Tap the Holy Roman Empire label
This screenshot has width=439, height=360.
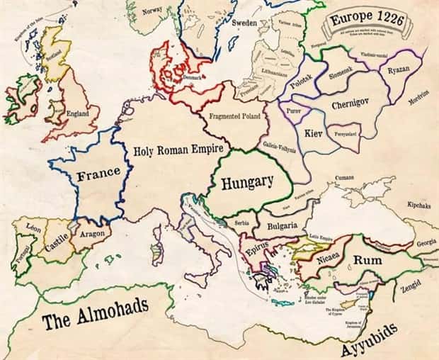pos(178,150)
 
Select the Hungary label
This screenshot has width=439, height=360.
pos(246,182)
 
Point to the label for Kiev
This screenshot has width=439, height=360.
pos(313,133)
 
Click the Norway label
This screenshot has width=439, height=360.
pos(152,11)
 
